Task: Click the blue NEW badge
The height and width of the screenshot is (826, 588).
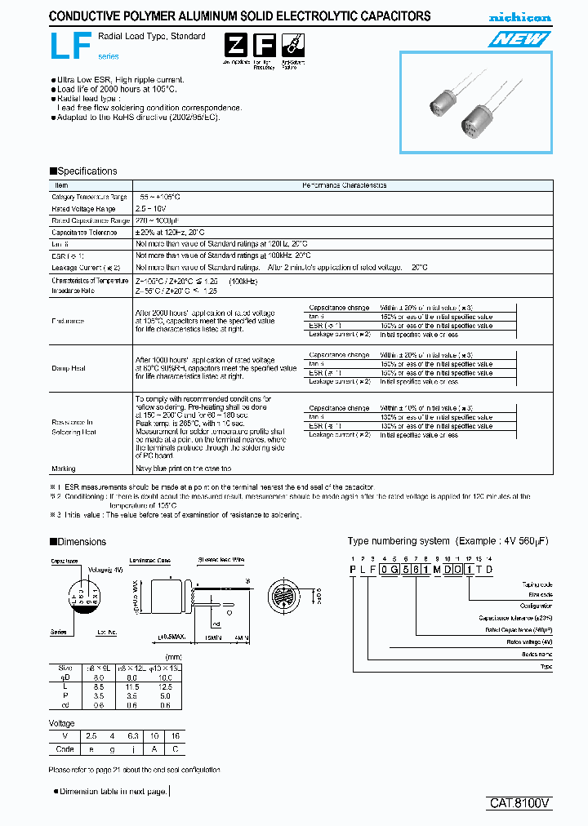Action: (519, 39)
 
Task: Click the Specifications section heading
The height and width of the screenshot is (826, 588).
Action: (83, 171)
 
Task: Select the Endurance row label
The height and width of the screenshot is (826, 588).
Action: (68, 321)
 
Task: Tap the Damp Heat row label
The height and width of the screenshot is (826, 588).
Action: (69, 368)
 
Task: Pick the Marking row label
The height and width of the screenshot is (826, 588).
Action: (64, 469)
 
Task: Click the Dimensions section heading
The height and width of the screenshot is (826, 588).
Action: (78, 542)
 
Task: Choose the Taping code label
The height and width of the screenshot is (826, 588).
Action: (537, 584)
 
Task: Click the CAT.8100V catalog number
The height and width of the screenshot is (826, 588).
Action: (520, 802)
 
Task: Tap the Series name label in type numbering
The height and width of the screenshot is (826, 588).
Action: (535, 655)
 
